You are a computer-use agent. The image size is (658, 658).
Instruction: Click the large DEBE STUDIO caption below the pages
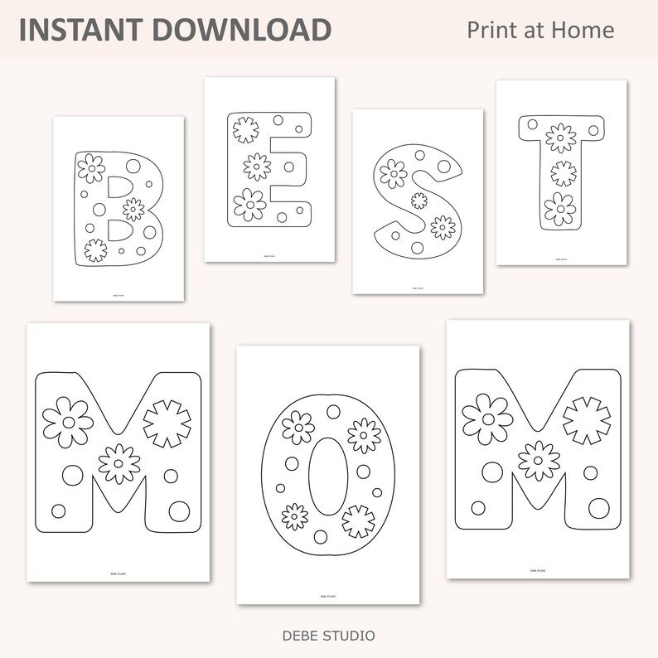tap(328, 636)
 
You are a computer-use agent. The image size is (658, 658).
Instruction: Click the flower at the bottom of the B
tap(95, 249)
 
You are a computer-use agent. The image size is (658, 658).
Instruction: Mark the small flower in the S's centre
tap(419, 200)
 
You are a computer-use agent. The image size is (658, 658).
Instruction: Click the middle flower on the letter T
tap(563, 173)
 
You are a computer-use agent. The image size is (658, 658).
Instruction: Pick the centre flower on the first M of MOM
tap(119, 462)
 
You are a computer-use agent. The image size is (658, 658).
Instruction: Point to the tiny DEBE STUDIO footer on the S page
tap(418, 287)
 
